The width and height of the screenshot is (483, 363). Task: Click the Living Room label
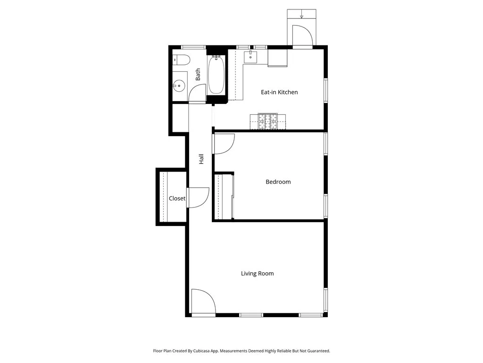(x=257, y=273)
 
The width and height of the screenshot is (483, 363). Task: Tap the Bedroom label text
(x=278, y=181)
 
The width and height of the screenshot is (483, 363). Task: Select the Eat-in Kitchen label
(x=279, y=92)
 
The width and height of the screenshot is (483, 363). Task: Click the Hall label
(x=201, y=159)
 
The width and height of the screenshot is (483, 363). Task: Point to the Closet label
(x=177, y=199)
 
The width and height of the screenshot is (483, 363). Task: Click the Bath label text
(x=198, y=74)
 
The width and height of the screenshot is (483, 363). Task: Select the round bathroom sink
(x=179, y=86)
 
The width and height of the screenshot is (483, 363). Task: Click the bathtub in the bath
(x=217, y=74)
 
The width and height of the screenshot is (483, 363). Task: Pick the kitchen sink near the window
(x=250, y=57)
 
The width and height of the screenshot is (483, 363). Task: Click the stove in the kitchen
(x=267, y=121)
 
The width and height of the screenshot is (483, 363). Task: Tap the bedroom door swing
(x=224, y=144)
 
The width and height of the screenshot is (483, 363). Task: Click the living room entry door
(x=203, y=302)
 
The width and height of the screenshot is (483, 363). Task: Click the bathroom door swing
(x=197, y=93)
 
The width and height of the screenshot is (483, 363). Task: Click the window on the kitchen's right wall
(x=325, y=90)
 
